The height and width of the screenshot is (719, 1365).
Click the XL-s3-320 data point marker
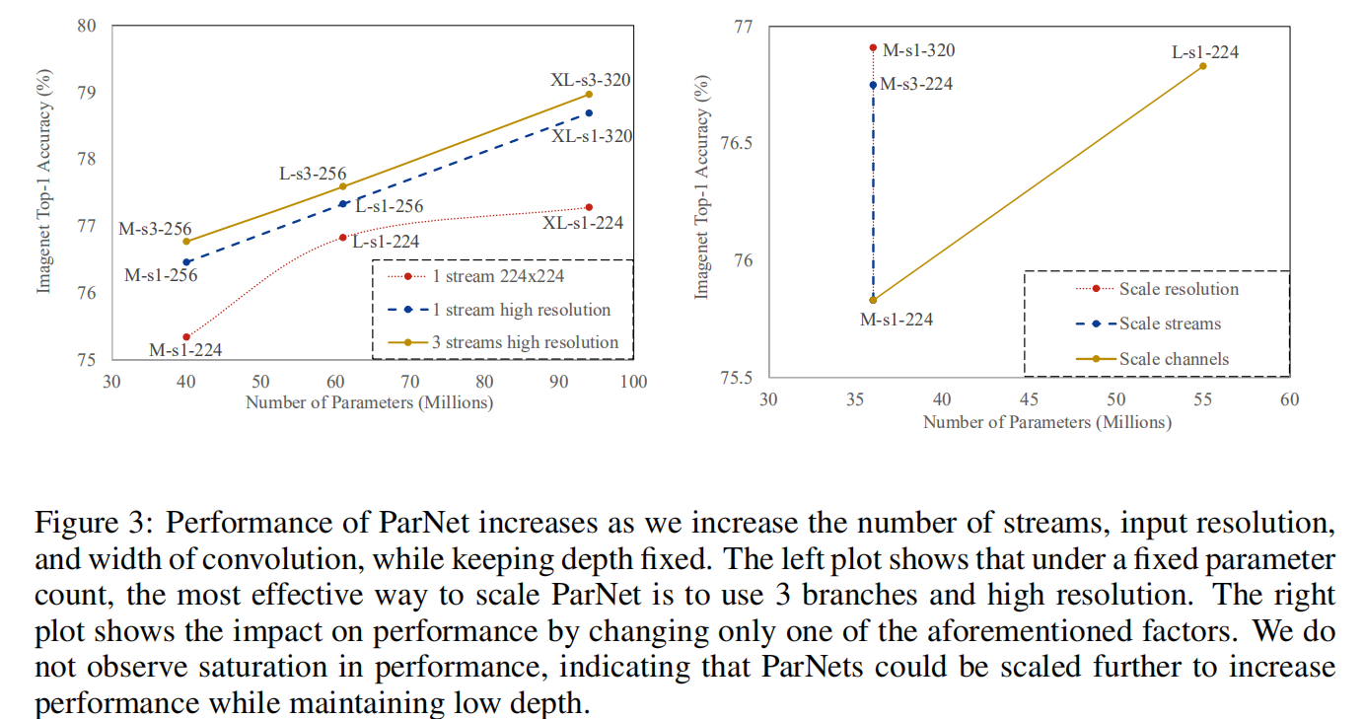(x=589, y=94)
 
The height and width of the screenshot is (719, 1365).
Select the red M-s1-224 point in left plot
(x=186, y=337)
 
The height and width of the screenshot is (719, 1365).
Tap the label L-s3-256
(x=313, y=174)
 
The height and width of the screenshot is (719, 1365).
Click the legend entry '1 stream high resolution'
(x=522, y=310)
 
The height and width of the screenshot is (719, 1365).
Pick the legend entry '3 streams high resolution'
(x=526, y=342)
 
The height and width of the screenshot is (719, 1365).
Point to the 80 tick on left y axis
(x=86, y=26)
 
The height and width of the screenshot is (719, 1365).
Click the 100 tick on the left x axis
(x=633, y=382)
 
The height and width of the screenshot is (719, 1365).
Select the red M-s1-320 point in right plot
(x=873, y=47)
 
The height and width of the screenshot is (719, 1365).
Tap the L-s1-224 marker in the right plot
(x=1202, y=66)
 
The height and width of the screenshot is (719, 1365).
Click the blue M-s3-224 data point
(x=873, y=85)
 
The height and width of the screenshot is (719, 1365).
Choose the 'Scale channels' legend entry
(x=1174, y=358)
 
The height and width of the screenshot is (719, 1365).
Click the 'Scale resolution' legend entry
(x=1179, y=289)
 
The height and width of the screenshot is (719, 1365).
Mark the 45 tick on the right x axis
(x=1029, y=399)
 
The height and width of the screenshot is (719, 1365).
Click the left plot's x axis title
(x=369, y=402)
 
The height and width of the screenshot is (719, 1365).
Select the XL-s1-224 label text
(x=583, y=224)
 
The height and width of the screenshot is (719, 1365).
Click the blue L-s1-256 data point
(x=342, y=203)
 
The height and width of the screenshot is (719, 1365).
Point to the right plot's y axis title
(x=702, y=187)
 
